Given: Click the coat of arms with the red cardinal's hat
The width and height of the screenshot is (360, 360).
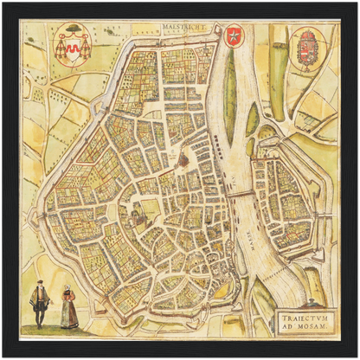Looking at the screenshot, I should (x=73, y=44).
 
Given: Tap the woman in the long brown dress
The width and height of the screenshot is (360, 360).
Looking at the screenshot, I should (x=68, y=309).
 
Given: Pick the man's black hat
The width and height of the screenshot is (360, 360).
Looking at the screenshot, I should (x=39, y=286).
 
